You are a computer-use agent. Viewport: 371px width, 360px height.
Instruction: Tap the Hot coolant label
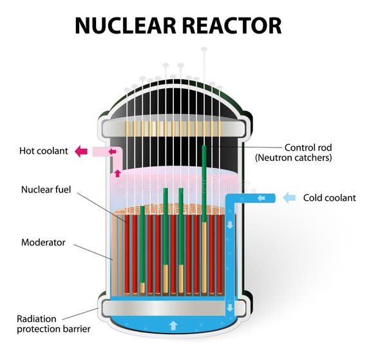tap(44, 151)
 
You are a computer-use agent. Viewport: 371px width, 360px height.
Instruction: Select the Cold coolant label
tap(329, 198)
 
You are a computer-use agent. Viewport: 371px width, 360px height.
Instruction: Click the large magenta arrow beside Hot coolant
tap(81, 151)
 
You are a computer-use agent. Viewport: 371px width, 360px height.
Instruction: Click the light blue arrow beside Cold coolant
tap(290, 198)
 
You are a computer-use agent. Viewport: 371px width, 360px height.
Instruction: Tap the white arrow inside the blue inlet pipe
tap(261, 198)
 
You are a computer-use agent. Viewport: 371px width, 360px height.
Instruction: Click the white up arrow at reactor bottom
tap(173, 325)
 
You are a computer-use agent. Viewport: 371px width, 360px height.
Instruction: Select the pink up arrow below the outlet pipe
tap(117, 173)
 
